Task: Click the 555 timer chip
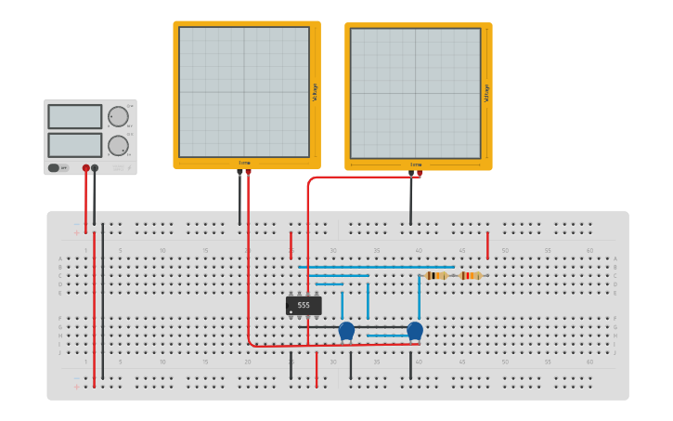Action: pos(304,305)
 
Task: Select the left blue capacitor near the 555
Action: pos(346,330)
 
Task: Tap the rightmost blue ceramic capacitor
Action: pos(415,330)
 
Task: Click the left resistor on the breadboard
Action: pos(436,276)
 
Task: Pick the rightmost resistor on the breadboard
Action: pos(471,276)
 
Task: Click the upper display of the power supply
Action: pos(75,116)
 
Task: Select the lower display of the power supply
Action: pos(75,145)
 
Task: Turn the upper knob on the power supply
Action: pos(118,116)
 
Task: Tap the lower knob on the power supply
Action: pos(118,145)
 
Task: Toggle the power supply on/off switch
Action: pos(54,168)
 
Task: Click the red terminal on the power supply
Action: pos(86,168)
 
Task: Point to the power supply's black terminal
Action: pos(95,168)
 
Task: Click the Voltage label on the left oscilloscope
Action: pos(316,92)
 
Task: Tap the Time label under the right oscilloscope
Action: pos(416,165)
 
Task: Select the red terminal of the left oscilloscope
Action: pos(248,172)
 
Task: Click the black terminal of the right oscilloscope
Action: pos(411,173)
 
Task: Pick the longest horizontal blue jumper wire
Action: pos(376,267)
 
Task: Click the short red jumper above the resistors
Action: pos(487,245)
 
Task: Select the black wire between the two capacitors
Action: pos(381,326)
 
